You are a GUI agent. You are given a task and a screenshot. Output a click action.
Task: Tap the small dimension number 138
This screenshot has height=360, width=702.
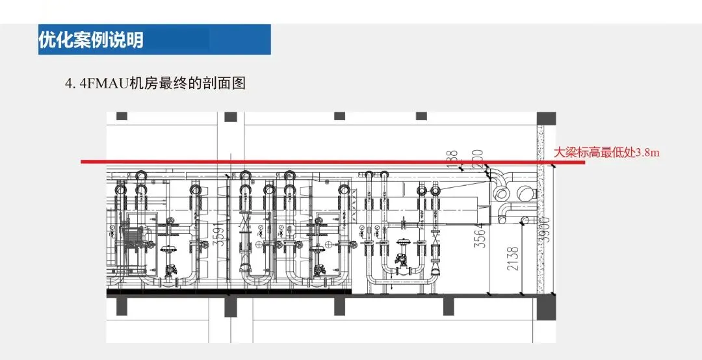coord(454,159)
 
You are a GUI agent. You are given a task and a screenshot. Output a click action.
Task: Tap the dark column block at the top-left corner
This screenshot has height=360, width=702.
coord(122,116)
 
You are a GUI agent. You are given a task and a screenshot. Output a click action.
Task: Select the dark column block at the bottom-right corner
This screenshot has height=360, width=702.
coord(550,304)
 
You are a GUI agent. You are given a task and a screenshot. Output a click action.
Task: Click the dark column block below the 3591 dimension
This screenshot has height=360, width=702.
coord(230,306)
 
